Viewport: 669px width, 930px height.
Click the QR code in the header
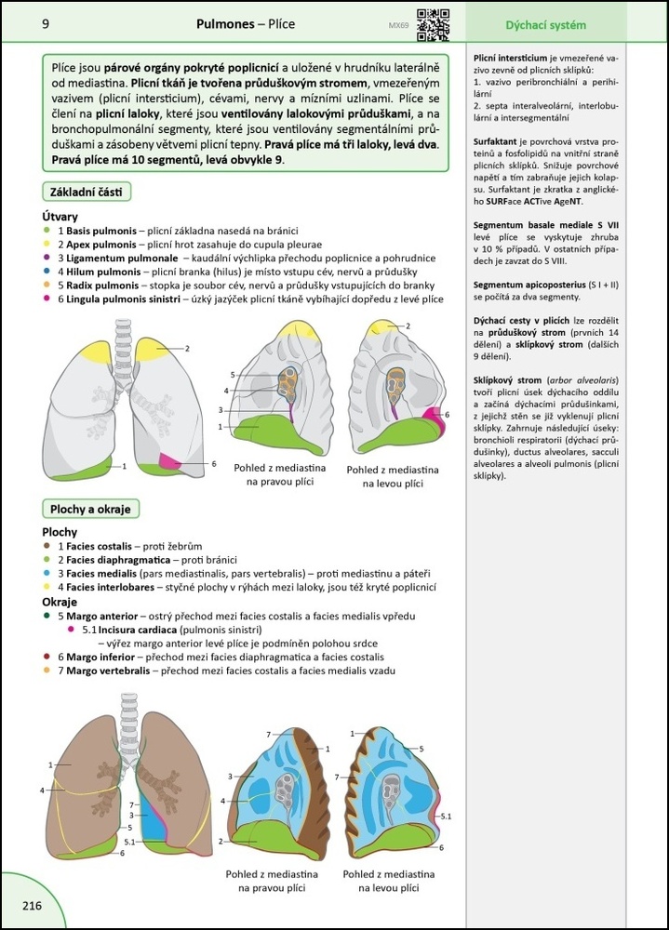(433, 24)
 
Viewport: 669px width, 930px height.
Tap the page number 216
(25, 905)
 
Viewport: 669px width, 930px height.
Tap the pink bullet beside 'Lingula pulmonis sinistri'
(46, 299)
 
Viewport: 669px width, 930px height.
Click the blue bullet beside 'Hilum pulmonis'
(46, 271)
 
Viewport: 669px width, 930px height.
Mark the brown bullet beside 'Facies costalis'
(46, 547)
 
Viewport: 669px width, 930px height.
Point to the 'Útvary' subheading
(61, 216)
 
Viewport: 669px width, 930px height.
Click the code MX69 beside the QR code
(397, 26)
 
